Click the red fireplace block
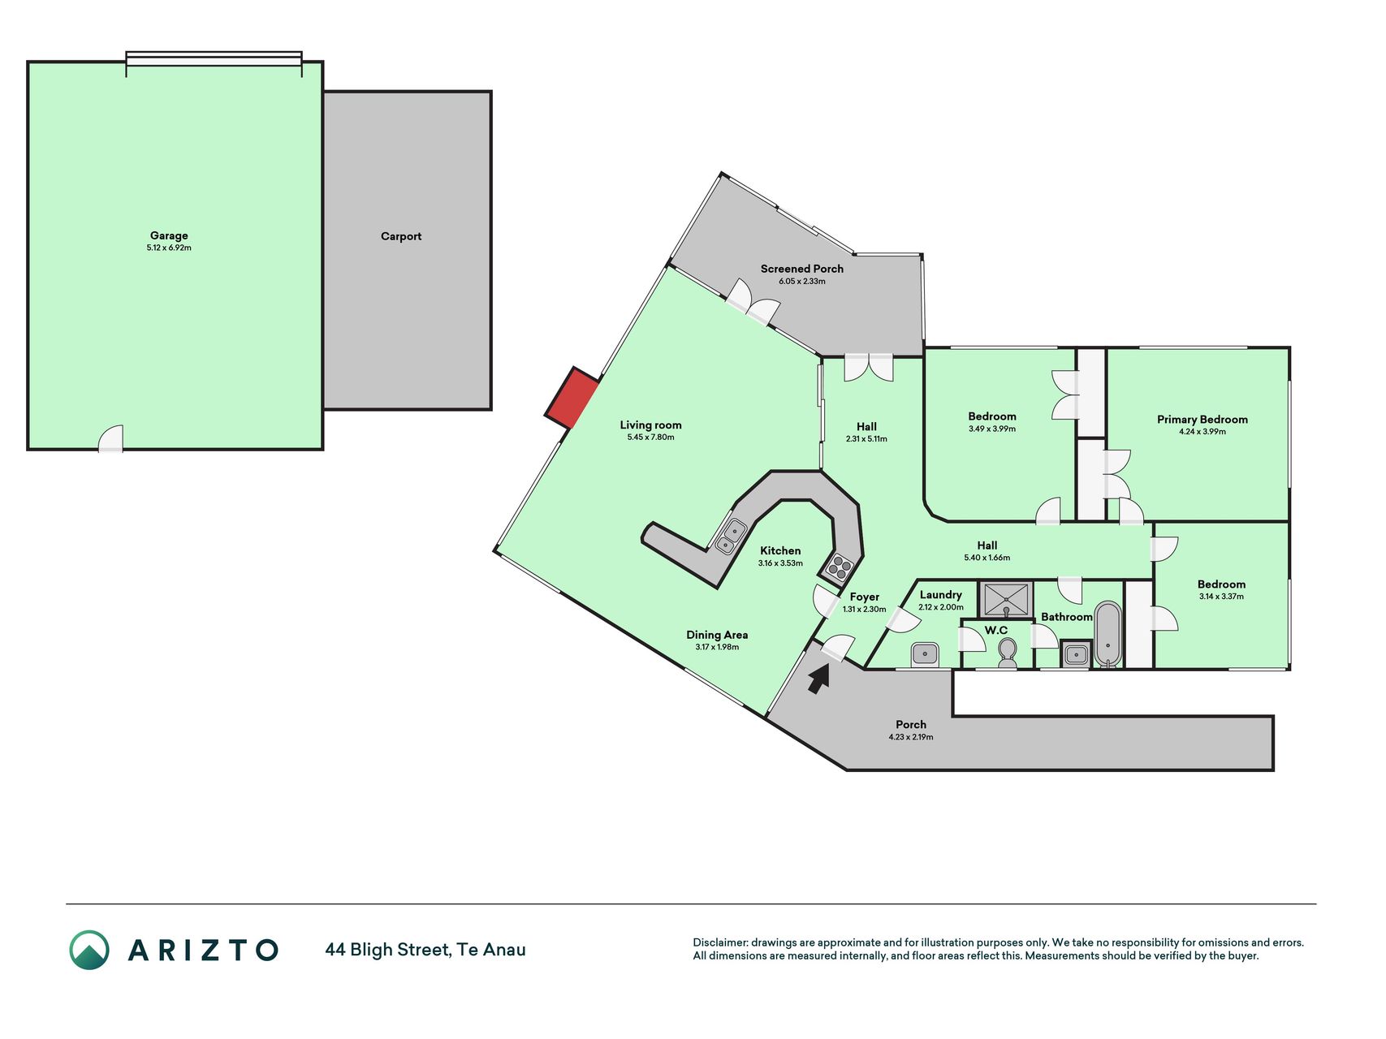point(572,398)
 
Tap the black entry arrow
point(819,678)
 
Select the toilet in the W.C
point(1008,653)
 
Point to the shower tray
point(1006,600)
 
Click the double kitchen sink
point(731,537)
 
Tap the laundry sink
point(925,654)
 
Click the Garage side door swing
point(110,438)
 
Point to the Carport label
point(401,236)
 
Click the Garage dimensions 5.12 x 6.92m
point(169,248)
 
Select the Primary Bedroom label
point(1202,419)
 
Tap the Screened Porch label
point(802,269)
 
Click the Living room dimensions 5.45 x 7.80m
point(650,437)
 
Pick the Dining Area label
point(717,635)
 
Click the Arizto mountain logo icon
point(89,950)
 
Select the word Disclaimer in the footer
point(719,942)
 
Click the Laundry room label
point(941,595)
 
